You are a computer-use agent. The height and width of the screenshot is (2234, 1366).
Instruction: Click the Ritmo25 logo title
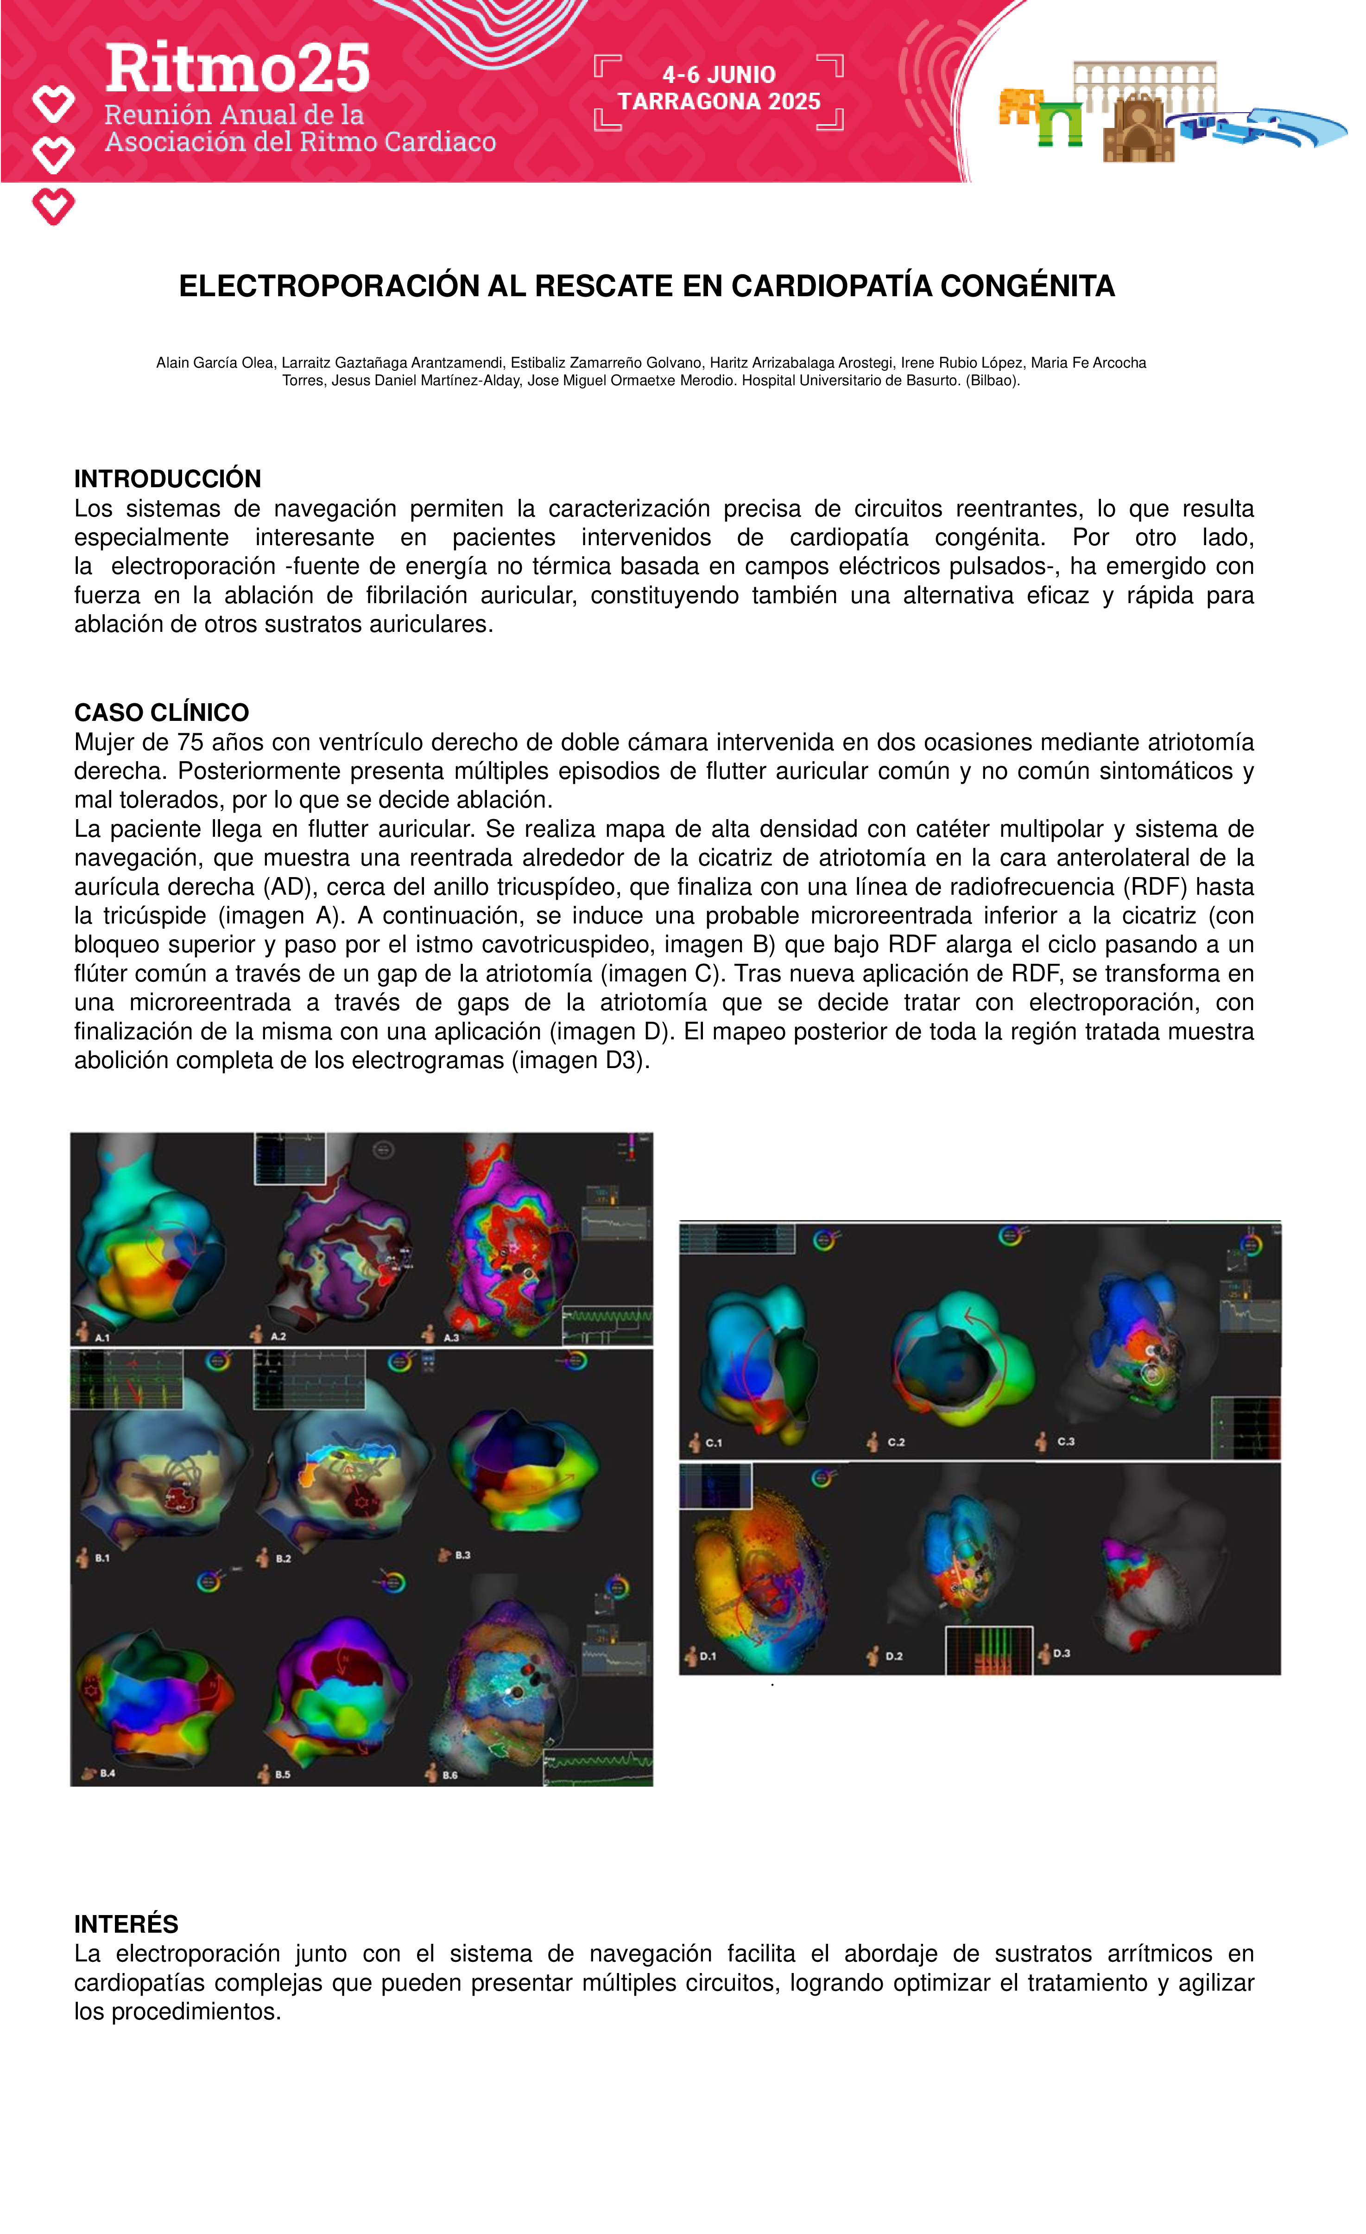(238, 69)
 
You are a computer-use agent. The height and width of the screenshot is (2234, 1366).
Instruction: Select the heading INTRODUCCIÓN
(168, 479)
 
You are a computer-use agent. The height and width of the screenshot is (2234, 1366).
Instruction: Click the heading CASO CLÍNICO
(161, 712)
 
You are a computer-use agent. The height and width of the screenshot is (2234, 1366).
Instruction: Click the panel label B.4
(107, 1773)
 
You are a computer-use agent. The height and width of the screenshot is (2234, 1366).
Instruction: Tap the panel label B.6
(449, 1774)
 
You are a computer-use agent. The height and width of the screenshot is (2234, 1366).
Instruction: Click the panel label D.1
(707, 1655)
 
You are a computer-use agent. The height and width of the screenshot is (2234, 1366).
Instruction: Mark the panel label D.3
(1062, 1653)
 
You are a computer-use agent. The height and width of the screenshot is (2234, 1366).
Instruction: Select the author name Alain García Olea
(214, 363)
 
